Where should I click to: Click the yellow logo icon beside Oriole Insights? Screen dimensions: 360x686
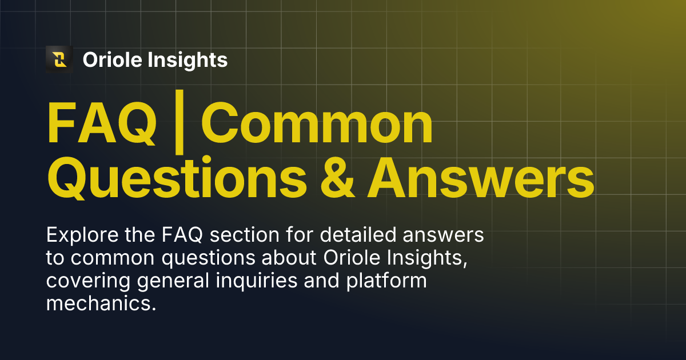59,59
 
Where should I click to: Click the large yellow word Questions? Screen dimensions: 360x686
177,178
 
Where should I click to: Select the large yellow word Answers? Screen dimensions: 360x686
480,178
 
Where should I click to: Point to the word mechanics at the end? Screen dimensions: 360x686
99,303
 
